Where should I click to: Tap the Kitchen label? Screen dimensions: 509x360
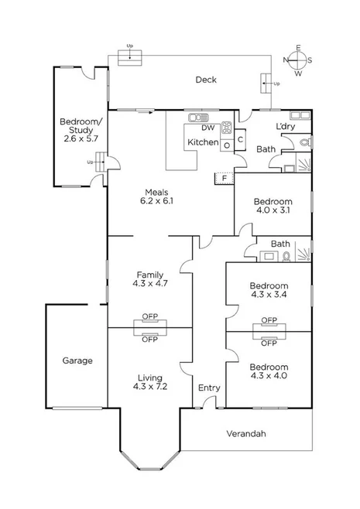(202, 143)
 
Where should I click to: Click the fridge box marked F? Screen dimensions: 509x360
(225, 178)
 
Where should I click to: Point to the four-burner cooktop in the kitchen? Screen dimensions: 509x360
(227, 128)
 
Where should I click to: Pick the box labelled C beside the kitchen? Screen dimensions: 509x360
(241, 139)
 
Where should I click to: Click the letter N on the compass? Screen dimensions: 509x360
(286, 59)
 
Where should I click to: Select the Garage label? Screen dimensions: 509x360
(77, 360)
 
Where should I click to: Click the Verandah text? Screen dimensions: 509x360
(246, 434)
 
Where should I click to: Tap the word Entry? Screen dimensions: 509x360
(209, 388)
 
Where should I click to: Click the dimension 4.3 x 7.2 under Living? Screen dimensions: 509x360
(149, 387)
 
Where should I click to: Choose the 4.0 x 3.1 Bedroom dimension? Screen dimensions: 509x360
(273, 210)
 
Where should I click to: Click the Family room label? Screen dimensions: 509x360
(149, 274)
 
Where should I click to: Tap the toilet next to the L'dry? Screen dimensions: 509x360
(303, 142)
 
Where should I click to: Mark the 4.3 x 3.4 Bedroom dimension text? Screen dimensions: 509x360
(269, 294)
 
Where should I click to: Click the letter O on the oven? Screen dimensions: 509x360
(226, 145)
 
